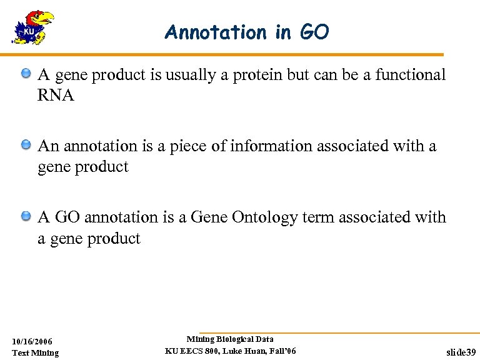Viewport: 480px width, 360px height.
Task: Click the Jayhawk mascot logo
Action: [32, 27]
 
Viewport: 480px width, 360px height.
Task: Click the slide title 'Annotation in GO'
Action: [246, 32]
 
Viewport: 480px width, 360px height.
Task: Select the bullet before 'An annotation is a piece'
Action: [26, 146]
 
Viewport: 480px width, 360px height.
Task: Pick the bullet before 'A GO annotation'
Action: [26, 217]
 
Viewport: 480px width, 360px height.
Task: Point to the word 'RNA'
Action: [56, 96]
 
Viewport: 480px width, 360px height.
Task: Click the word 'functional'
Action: [411, 75]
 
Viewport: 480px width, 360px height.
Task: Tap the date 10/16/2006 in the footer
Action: [32, 341]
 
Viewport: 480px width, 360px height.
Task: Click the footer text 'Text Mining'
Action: [35, 353]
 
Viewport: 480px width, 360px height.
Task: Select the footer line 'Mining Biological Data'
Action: [230, 339]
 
